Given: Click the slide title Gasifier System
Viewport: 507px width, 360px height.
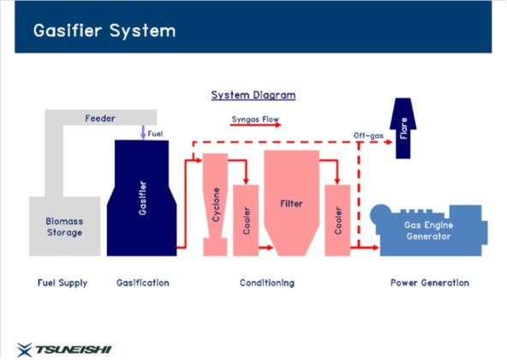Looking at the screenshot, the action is [104, 31].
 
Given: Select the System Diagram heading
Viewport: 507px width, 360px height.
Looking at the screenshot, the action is [254, 95].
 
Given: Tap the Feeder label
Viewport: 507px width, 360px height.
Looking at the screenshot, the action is [100, 118].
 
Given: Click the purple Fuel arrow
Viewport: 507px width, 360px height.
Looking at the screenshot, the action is [143, 132].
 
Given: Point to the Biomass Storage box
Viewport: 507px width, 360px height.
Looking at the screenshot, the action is [65, 226].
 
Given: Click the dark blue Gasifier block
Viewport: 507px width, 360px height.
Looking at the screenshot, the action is [141, 198].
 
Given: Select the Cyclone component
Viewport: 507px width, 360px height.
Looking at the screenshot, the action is [215, 204].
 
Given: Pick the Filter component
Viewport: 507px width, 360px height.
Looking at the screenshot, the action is [292, 203].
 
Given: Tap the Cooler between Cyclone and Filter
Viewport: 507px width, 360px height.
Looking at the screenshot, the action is [246, 220].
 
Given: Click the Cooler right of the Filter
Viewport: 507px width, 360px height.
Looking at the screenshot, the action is [337, 220].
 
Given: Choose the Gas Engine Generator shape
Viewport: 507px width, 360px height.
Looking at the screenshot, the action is [429, 231].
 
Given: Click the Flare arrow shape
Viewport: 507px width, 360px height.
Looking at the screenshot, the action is [403, 129].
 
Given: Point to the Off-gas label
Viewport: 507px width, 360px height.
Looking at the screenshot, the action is [368, 135].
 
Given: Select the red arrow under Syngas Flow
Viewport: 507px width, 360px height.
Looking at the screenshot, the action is [255, 124].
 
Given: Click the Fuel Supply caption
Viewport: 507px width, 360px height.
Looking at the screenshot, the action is [63, 283].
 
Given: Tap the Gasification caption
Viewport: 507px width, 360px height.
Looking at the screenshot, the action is [142, 283].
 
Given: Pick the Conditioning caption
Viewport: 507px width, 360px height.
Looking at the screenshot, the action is [267, 283].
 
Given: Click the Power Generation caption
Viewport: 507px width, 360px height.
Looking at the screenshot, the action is [430, 283].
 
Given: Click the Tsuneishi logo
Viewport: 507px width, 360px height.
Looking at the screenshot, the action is [64, 350].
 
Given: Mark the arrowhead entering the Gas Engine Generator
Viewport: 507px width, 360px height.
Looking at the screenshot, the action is [376, 248].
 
